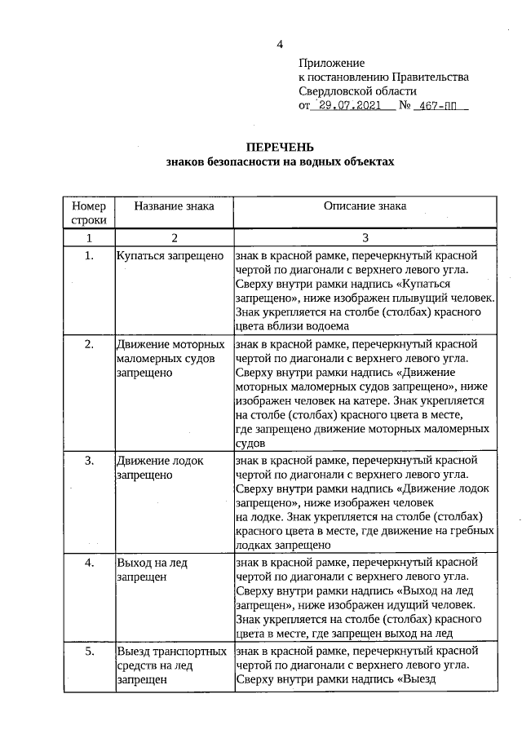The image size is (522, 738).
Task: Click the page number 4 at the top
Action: click(x=280, y=44)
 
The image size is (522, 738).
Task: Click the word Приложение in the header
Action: click(x=331, y=63)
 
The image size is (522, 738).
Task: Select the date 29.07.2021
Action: click(x=353, y=107)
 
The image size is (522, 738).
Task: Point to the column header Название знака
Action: click(x=174, y=206)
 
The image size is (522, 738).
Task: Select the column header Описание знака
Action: click(x=365, y=206)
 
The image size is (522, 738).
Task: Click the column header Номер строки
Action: click(x=89, y=213)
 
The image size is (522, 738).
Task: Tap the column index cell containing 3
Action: click(x=365, y=237)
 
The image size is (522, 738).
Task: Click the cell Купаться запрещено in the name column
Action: click(x=170, y=256)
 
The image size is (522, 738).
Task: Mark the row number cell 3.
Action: click(x=89, y=461)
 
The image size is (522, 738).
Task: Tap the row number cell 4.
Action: click(x=89, y=563)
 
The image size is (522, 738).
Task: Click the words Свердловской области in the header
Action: click(x=357, y=91)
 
